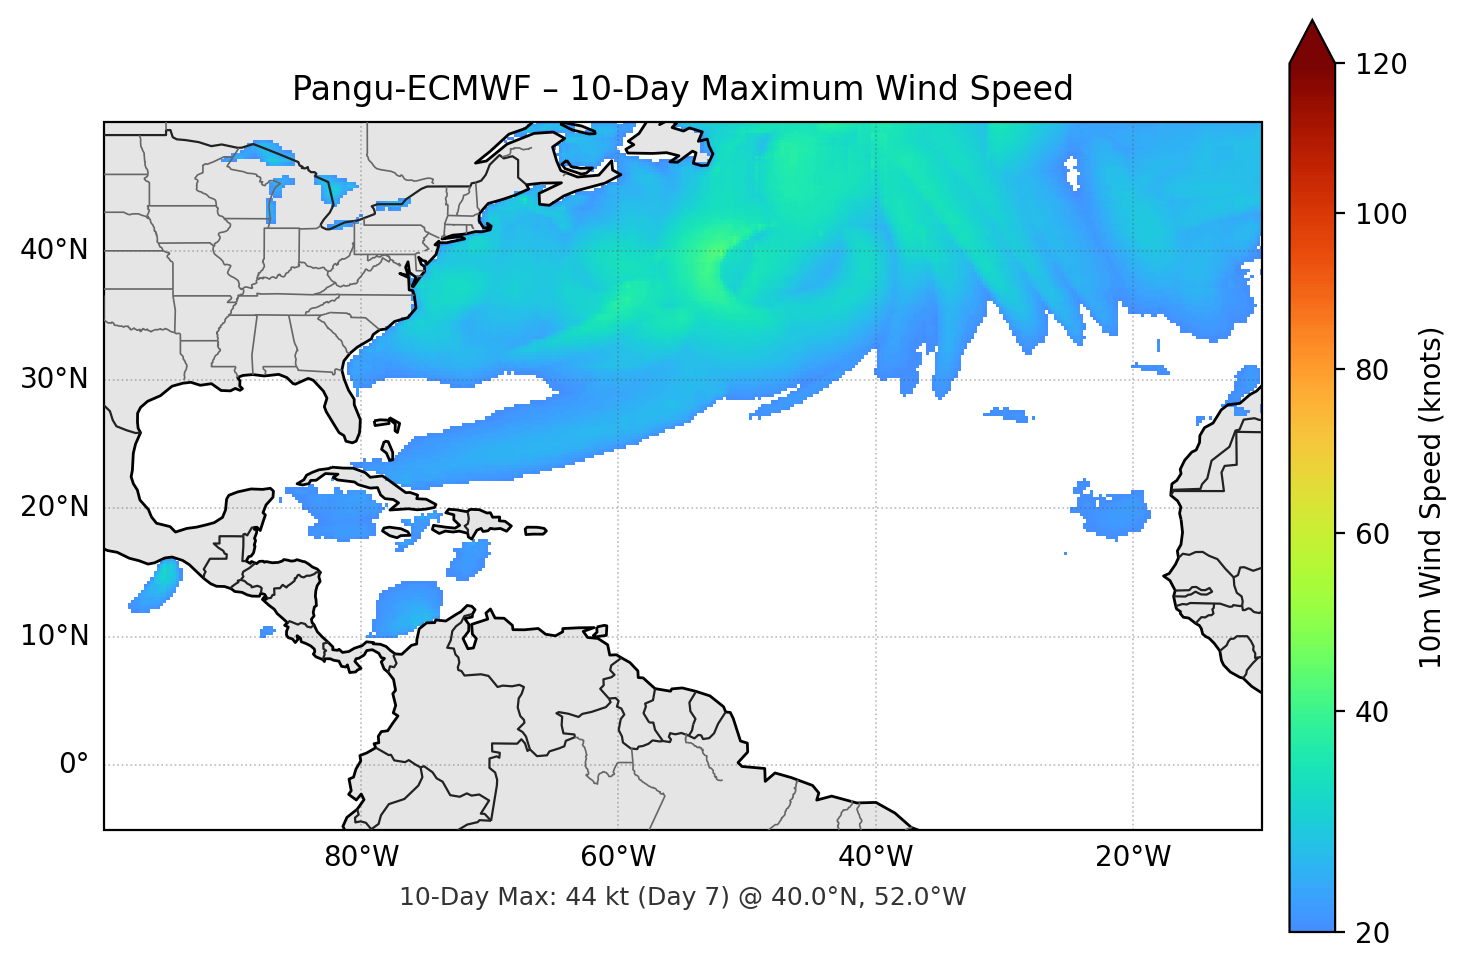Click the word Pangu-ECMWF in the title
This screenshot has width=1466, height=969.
pyautogui.click(x=411, y=89)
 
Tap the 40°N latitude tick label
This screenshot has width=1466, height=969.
pyautogui.click(x=54, y=250)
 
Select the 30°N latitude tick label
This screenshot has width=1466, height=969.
pyautogui.click(x=54, y=379)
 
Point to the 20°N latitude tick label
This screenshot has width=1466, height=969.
pyautogui.click(x=54, y=507)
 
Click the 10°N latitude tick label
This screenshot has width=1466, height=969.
pyautogui.click(x=54, y=636)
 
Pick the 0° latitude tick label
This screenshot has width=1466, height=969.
pyautogui.click(x=74, y=765)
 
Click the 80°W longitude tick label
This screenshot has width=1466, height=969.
pyautogui.click(x=361, y=857)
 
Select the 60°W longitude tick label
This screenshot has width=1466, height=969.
pyautogui.click(x=618, y=857)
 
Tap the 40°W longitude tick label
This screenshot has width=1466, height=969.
pyautogui.click(x=875, y=857)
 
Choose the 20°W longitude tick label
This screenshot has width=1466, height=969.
pyautogui.click(x=1132, y=857)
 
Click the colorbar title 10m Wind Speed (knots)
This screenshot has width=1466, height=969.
pyautogui.click(x=1431, y=498)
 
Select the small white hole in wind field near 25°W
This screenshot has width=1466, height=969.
pyautogui.click(x=1073, y=171)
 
